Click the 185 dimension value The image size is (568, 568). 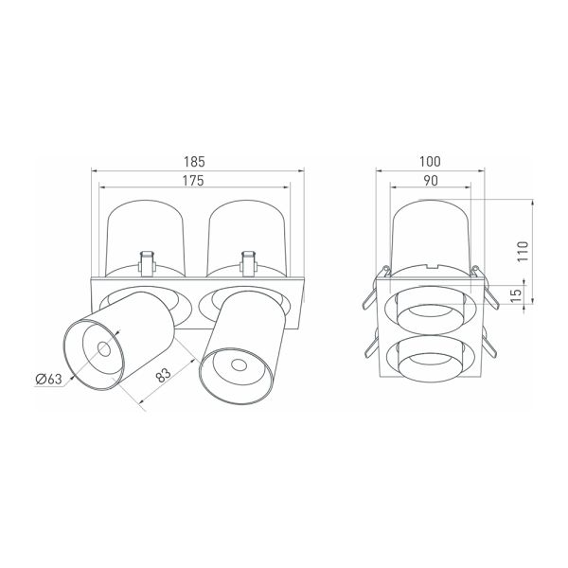(x=194, y=162)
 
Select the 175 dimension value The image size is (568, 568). (x=193, y=181)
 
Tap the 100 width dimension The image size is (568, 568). (x=430, y=162)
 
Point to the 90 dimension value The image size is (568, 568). (x=431, y=181)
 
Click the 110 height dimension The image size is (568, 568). (x=523, y=251)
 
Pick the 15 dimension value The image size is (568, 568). (x=518, y=295)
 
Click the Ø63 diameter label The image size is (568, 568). (x=49, y=380)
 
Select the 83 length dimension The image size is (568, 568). (x=164, y=376)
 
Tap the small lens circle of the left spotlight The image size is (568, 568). (x=104, y=349)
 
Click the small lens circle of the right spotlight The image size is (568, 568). (x=239, y=364)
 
